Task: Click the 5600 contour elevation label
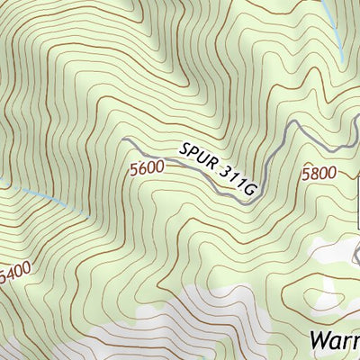146,167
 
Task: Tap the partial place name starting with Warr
334,340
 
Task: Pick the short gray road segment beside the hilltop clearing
339,279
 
